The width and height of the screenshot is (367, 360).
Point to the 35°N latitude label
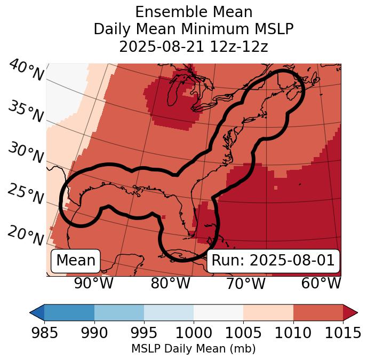click(x=26, y=111)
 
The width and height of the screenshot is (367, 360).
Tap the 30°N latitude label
click(x=26, y=153)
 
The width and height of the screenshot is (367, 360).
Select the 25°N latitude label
click(x=26, y=194)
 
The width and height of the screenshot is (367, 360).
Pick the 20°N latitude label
click(x=26, y=235)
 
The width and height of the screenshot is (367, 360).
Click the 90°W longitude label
click(x=93, y=283)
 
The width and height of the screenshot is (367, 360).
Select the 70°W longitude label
click(x=245, y=283)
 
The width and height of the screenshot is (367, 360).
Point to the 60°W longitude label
click(x=321, y=283)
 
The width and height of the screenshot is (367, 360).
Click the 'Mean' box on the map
click(x=76, y=261)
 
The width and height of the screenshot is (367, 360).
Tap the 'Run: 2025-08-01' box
click(x=273, y=261)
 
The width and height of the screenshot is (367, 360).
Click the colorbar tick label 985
click(x=44, y=333)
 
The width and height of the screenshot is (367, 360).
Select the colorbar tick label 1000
click(x=194, y=333)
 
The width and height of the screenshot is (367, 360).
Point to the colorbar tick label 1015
click(x=343, y=333)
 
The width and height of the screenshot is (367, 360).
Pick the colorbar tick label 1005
click(x=243, y=333)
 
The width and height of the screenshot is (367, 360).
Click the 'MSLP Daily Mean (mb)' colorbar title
click(x=194, y=349)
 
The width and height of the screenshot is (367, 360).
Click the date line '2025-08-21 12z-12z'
click(x=194, y=46)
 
